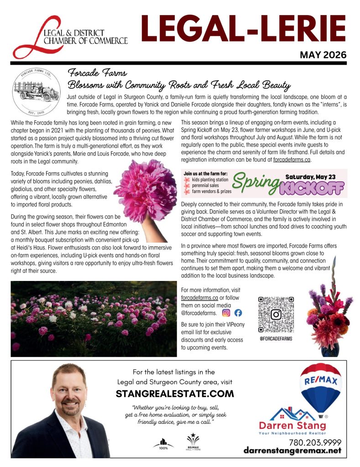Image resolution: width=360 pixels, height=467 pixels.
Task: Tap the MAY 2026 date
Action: (323, 55)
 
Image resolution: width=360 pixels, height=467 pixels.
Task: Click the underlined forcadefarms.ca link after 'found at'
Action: (292, 160)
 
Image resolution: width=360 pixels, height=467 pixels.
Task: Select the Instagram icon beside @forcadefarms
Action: (226, 313)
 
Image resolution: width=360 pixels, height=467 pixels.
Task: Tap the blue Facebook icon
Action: (238, 313)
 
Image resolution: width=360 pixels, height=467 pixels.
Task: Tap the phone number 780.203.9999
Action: (315, 442)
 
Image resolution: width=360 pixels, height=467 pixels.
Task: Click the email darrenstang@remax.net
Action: (292, 451)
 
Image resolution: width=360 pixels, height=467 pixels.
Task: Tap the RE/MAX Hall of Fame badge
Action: (191, 441)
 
